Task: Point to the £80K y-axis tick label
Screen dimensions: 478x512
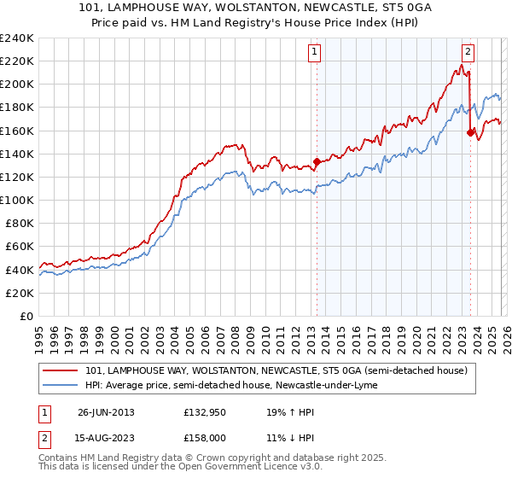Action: pos(19,223)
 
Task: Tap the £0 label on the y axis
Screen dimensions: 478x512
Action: pos(27,316)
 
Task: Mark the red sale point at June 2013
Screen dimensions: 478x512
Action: pos(317,161)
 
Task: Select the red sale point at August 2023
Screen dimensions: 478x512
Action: pos(470,132)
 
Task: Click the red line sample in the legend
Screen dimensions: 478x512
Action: pos(61,371)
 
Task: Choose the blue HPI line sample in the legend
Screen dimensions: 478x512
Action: pos(61,386)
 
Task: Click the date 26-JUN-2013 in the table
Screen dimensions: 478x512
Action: pos(104,411)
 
